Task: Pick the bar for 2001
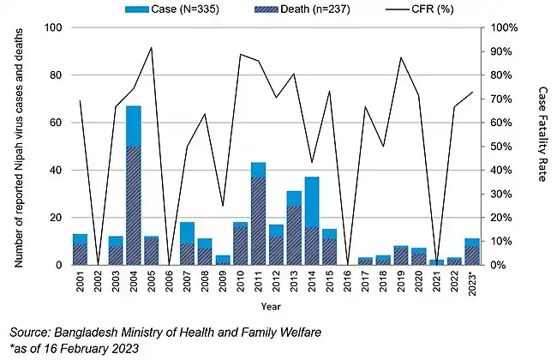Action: coord(80,249)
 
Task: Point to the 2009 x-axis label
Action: coord(222,284)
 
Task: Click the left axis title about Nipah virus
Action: coord(18,147)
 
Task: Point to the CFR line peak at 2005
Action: coord(152,48)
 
